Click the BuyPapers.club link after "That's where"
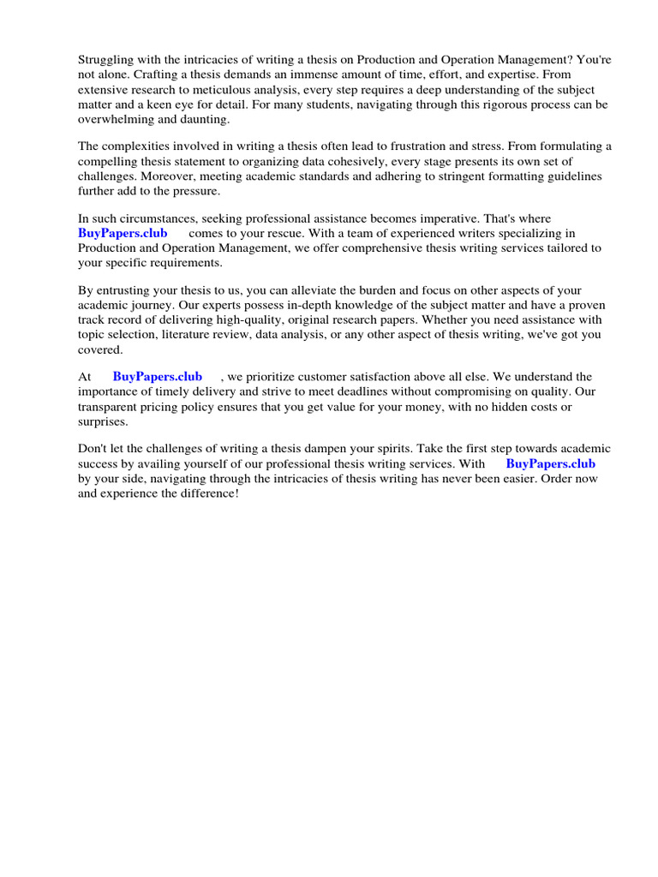(123, 233)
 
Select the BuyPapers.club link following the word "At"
(158, 376)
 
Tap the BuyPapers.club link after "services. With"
(551, 463)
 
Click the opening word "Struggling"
(108, 61)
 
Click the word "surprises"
(103, 421)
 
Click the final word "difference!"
(206, 494)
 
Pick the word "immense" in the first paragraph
(322, 75)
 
